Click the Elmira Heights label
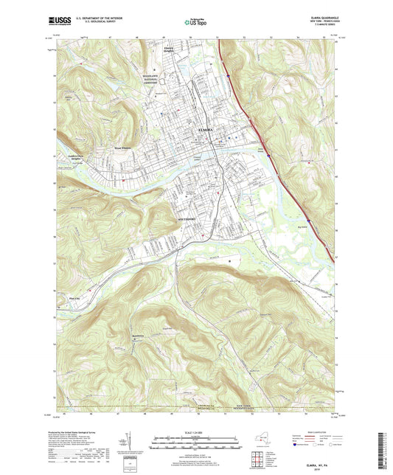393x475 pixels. [171, 50]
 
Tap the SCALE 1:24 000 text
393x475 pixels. [196, 432]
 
